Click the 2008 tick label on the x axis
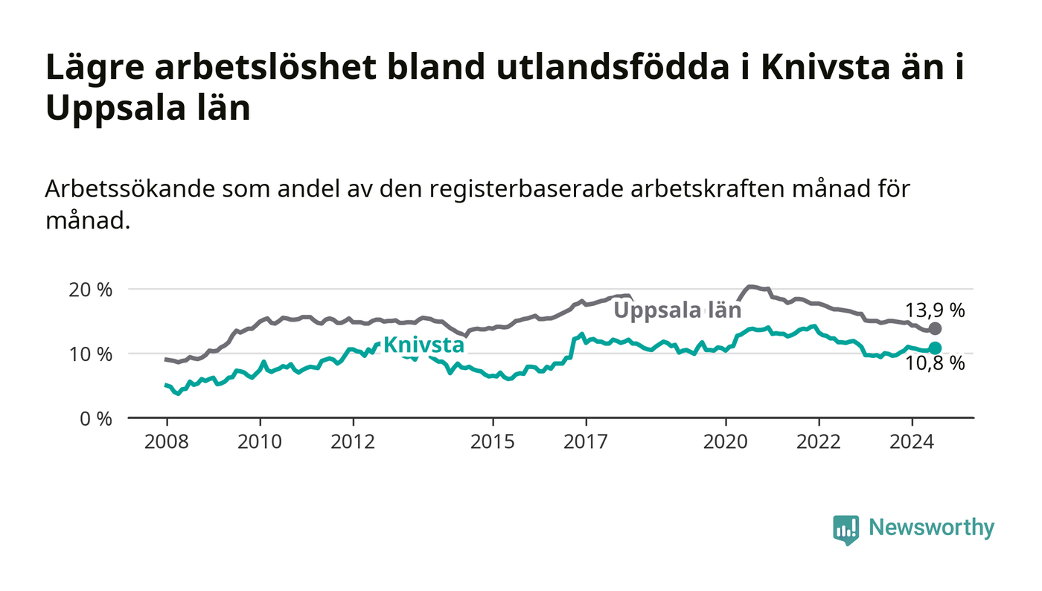(x=167, y=441)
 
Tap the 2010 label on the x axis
(x=260, y=441)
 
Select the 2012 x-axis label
(x=353, y=441)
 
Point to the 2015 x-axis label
(x=493, y=441)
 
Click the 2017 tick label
(x=586, y=441)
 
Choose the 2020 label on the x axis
(x=725, y=441)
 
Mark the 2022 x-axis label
(x=819, y=441)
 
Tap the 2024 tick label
(x=912, y=441)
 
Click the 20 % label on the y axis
(x=91, y=290)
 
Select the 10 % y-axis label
(x=91, y=354)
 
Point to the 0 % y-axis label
(x=96, y=419)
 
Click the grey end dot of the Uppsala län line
(x=935, y=328)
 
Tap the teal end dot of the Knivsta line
(x=935, y=348)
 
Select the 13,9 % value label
(x=935, y=310)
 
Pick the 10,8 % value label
(x=935, y=363)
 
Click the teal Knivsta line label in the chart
(x=423, y=345)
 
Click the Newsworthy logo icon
(x=846, y=529)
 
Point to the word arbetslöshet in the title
(x=265, y=67)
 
